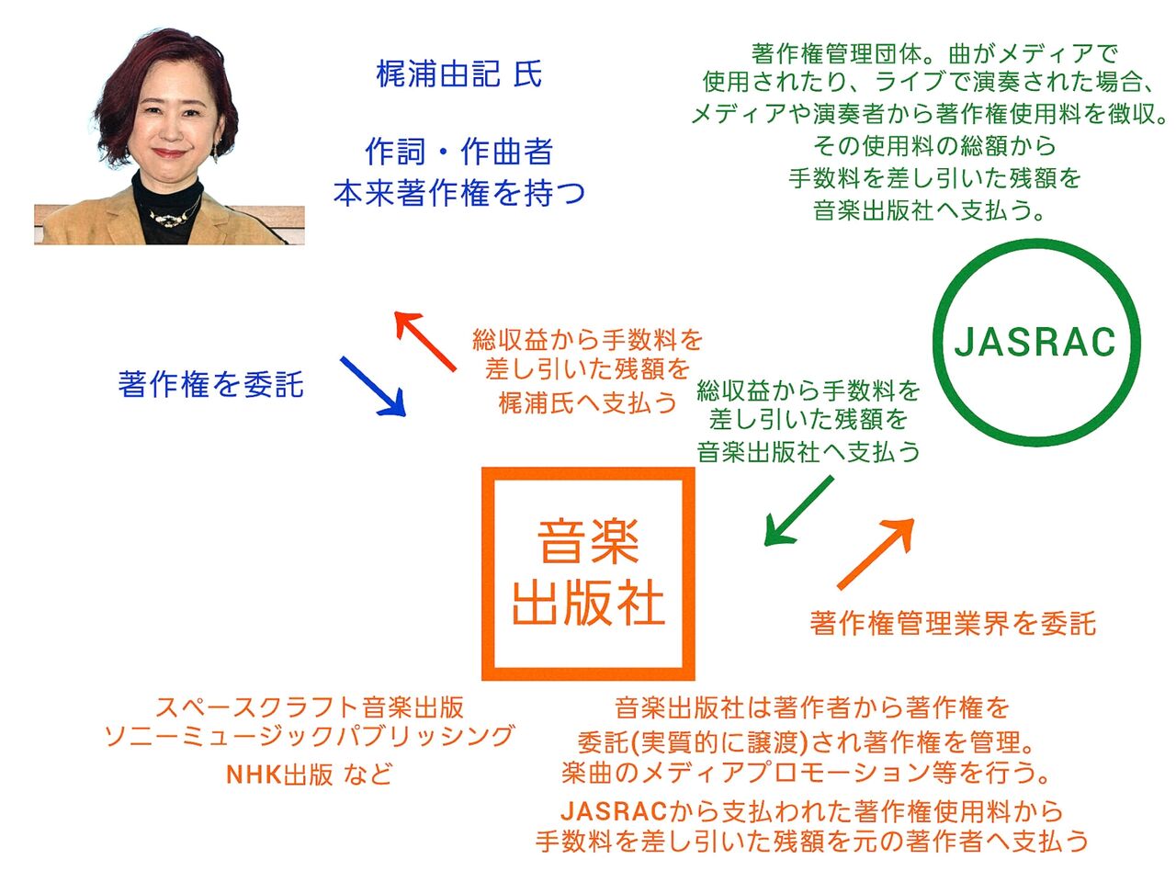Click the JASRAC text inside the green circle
pyautogui.click(x=1035, y=342)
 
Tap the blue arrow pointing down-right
pyautogui.click(x=372, y=386)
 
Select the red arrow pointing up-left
pyautogui.click(x=424, y=341)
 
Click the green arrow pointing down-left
pyautogui.click(x=798, y=511)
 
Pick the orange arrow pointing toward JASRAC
pyautogui.click(x=876, y=554)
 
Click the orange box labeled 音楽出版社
pyautogui.click(x=588, y=573)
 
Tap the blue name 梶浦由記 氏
pyautogui.click(x=459, y=73)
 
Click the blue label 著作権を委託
pyautogui.click(x=211, y=385)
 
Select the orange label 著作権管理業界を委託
pyautogui.click(x=953, y=623)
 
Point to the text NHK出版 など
pyautogui.click(x=309, y=774)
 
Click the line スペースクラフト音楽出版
pyautogui.click(x=309, y=707)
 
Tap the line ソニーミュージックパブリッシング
pyautogui.click(x=309, y=736)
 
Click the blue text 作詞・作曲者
pyautogui.click(x=459, y=151)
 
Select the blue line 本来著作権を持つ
pyautogui.click(x=459, y=193)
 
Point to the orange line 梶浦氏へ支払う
pyautogui.click(x=588, y=402)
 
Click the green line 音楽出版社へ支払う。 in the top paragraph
pyautogui.click(x=930, y=210)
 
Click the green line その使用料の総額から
pyautogui.click(x=933, y=146)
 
